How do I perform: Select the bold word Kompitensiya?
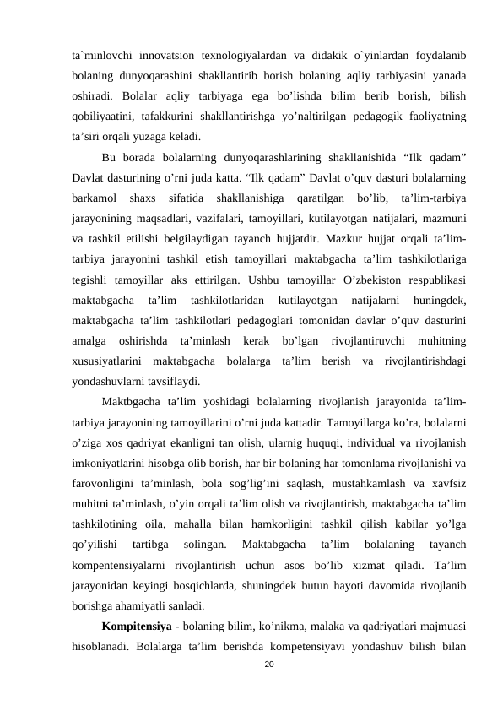(x=133, y=627)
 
